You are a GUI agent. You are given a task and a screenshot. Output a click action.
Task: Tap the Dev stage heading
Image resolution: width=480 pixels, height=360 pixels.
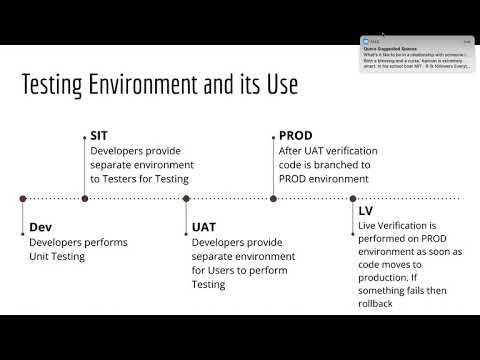click(x=40, y=227)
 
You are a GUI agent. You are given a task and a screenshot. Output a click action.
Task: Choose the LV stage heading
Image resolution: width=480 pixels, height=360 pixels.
click(x=366, y=212)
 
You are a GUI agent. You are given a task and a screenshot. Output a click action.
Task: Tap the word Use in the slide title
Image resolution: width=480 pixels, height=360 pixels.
click(x=280, y=85)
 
